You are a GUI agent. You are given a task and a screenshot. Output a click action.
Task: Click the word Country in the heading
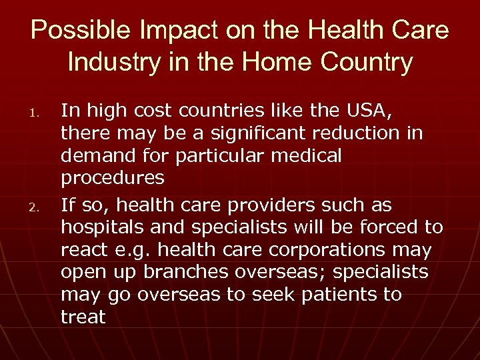pos(373,63)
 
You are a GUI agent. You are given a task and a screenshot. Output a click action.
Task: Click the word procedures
pos(112,178)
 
